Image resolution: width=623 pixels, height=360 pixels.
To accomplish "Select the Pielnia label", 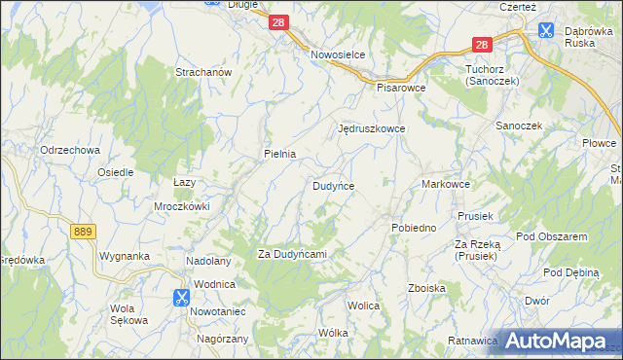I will [x=279, y=154].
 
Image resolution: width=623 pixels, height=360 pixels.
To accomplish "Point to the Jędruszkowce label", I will [x=371, y=128].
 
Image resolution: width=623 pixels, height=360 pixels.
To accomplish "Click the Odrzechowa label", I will [x=70, y=150].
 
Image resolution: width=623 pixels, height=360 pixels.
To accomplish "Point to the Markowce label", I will [x=447, y=184].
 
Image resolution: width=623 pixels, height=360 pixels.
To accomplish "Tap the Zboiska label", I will [x=427, y=288].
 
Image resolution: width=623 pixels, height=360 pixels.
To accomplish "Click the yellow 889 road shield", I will [x=83, y=230].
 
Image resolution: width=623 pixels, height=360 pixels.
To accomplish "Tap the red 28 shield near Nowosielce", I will [x=279, y=22].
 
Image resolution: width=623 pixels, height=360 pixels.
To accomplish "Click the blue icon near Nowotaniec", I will [x=182, y=298].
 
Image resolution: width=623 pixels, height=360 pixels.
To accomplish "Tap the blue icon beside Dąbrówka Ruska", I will [x=546, y=30].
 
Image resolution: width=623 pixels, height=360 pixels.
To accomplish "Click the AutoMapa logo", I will [x=560, y=340].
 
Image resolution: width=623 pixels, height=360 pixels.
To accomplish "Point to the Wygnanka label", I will [x=123, y=257].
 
